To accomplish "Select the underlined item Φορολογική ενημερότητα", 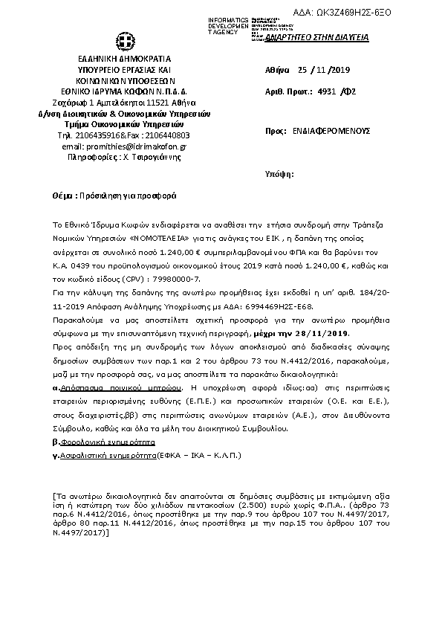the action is (x=103, y=441).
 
